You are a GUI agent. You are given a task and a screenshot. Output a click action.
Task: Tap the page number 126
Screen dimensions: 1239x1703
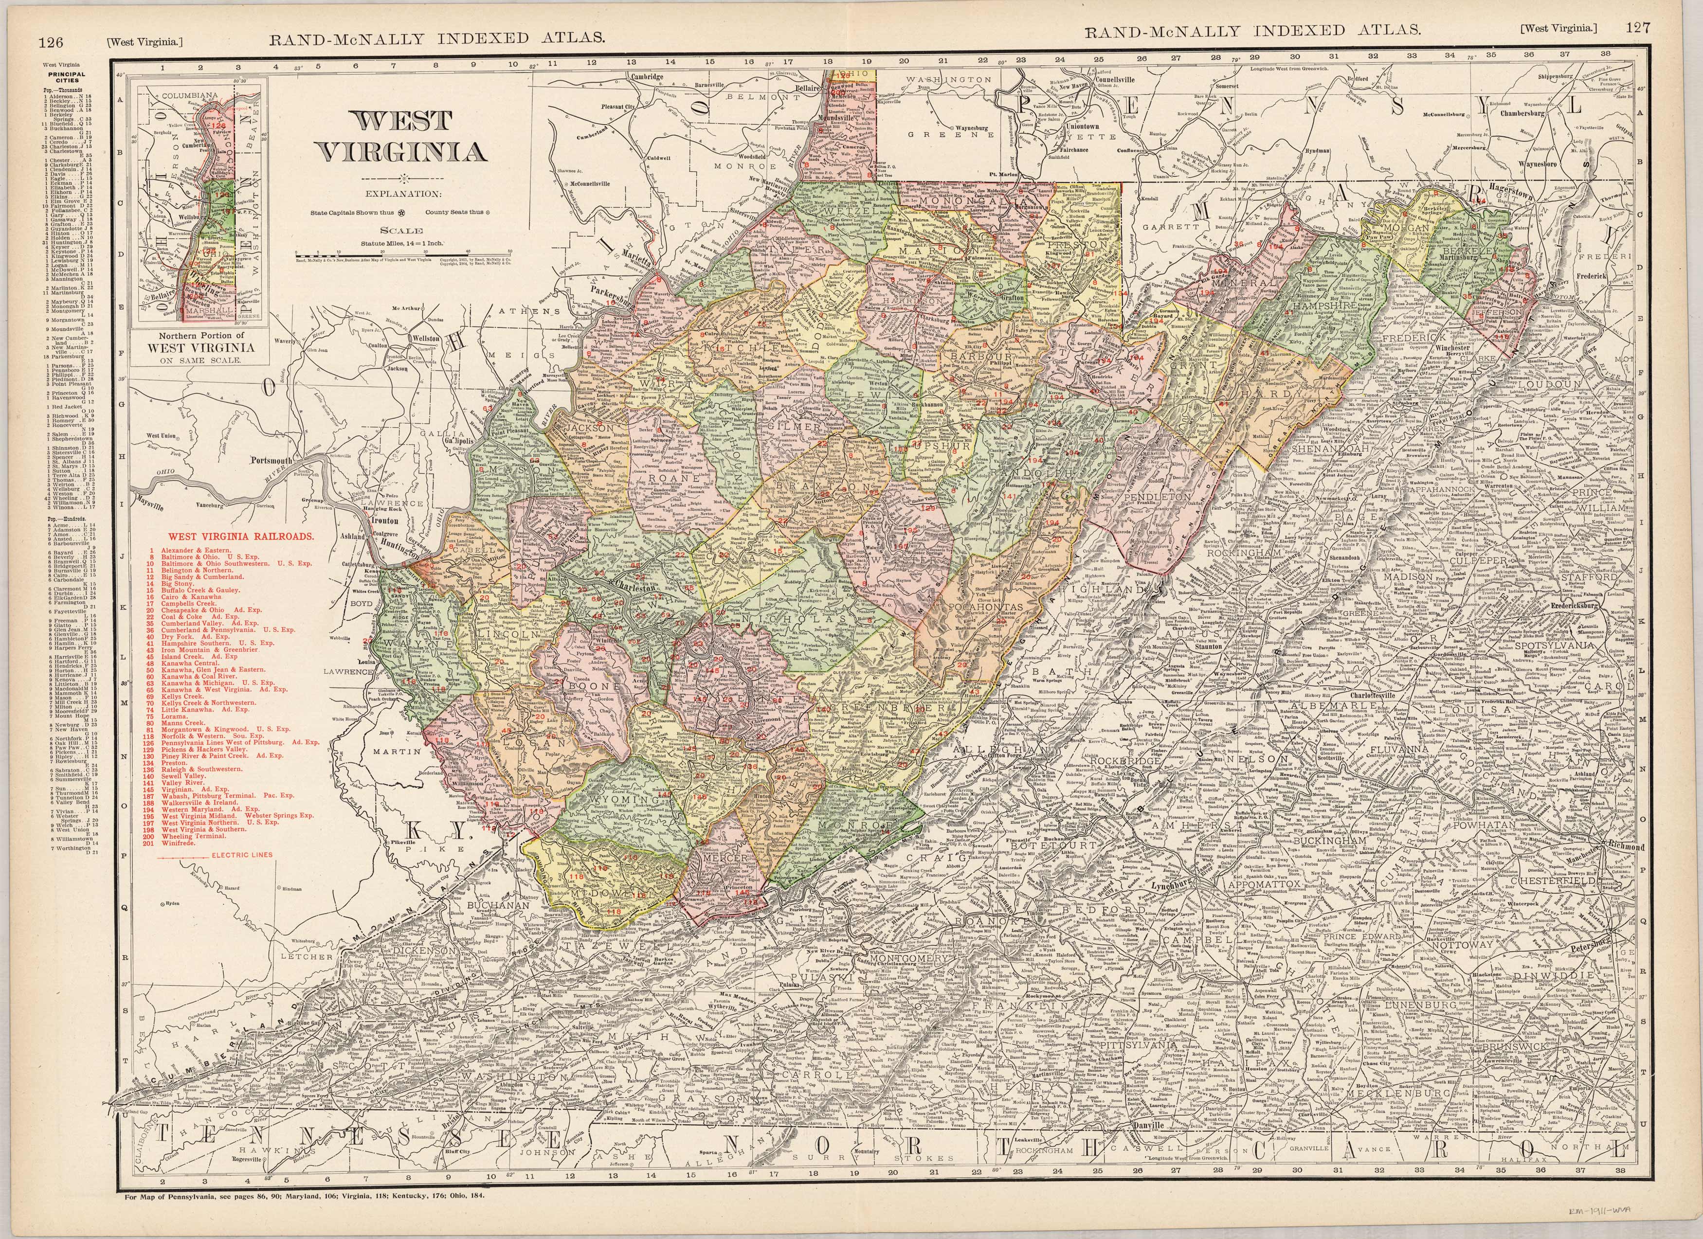coord(50,43)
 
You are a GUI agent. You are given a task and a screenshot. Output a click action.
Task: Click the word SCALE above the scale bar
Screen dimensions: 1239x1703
coord(400,231)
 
